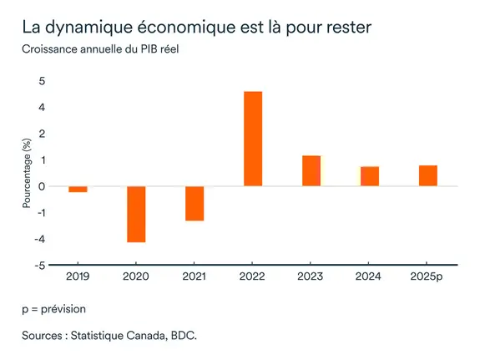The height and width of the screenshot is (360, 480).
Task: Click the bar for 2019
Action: tap(78, 189)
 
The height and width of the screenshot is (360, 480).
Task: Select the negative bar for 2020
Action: tap(136, 214)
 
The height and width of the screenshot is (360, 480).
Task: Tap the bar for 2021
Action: tap(195, 203)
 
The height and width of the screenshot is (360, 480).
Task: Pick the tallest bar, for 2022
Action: tap(253, 139)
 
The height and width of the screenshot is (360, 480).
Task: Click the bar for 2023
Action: tap(311, 170)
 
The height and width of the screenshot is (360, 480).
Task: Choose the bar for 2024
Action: tap(370, 176)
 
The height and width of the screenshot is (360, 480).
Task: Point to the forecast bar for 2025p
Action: tap(427, 175)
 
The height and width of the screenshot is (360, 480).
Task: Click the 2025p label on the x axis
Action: tap(427, 276)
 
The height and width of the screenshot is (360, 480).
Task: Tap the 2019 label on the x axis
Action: tap(78, 276)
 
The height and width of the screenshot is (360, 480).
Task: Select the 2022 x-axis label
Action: tap(253, 276)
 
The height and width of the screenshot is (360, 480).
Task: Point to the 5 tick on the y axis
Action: tap(42, 81)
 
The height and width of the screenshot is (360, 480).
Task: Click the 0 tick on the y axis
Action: tap(42, 186)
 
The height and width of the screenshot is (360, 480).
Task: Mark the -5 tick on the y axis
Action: tap(40, 266)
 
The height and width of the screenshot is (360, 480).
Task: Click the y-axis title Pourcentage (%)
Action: tap(27, 173)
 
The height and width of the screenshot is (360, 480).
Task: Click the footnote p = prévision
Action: tap(53, 308)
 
